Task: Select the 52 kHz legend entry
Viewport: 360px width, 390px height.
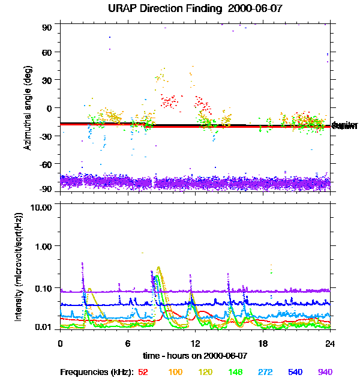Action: pos(143,372)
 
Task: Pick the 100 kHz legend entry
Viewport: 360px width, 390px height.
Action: pos(176,372)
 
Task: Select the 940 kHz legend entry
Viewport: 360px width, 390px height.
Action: pos(325,372)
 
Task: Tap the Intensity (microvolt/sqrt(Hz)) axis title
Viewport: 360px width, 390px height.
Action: pos(19,267)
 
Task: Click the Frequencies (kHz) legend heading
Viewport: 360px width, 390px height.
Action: pos(96,372)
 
